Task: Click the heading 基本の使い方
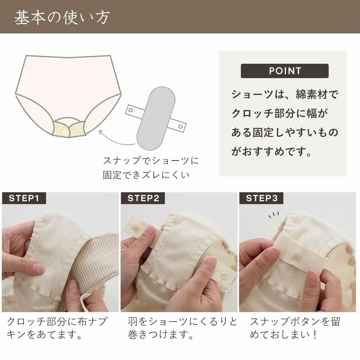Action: click(62, 17)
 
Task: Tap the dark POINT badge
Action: click(284, 71)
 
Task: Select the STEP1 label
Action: click(24, 198)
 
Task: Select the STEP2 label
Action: click(143, 198)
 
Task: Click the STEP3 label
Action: click(261, 198)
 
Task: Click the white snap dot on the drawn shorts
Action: click(65, 132)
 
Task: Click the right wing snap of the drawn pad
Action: click(180, 126)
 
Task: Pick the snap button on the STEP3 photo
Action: click(297, 256)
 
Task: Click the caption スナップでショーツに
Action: click(151, 160)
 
